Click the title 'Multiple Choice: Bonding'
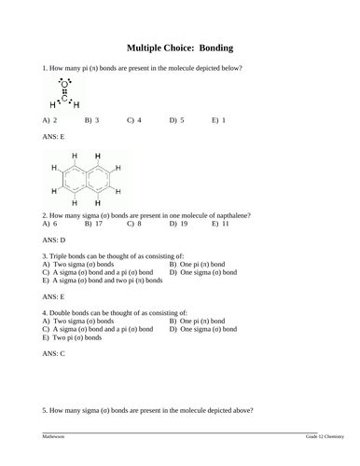(179, 48)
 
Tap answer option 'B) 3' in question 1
(92, 120)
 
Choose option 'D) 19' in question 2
(178, 224)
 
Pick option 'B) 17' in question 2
(93, 224)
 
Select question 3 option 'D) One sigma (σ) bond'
(202, 272)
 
